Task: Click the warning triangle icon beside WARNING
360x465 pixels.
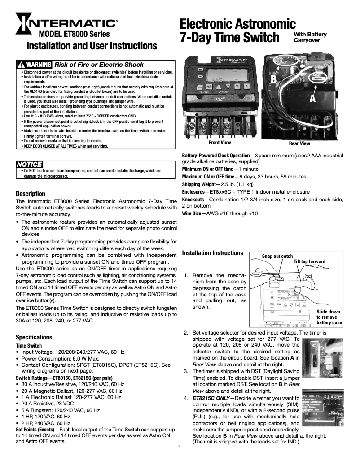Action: coord(20,65)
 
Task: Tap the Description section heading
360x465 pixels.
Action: coord(31,194)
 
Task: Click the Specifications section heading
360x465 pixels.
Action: coord(34,337)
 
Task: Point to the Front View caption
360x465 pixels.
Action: coord(220,143)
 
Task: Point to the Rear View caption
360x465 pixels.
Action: coord(299,143)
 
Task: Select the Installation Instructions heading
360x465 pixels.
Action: coord(213,253)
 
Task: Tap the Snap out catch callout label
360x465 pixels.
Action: coord(277,256)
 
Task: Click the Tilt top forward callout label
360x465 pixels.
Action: coord(309,261)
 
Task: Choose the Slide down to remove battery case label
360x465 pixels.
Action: coord(329,317)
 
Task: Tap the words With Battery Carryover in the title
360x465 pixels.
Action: coord(310,37)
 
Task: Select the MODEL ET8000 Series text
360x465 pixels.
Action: coord(75,34)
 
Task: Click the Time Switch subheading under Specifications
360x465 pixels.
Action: coord(29,346)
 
